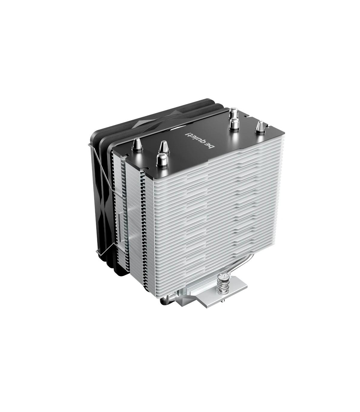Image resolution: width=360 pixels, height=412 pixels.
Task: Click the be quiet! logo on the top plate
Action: click(x=199, y=142)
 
